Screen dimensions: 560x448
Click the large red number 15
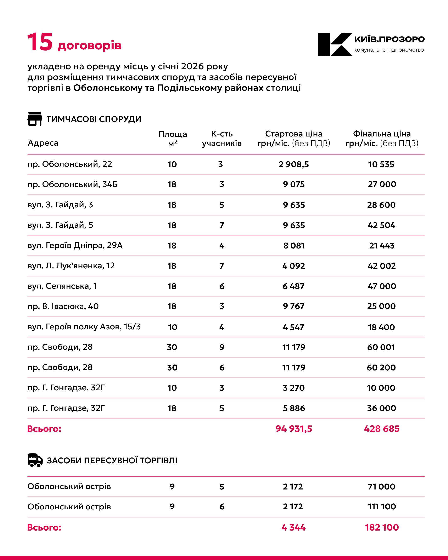click(40, 42)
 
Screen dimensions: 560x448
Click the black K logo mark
click(335, 44)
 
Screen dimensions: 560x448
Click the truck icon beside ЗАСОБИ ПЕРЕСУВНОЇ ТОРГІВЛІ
click(35, 460)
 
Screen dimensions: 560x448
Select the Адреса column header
click(43, 143)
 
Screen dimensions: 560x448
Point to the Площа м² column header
click(173, 138)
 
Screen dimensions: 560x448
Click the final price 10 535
click(381, 164)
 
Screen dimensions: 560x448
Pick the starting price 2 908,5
click(294, 164)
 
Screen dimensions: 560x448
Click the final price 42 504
click(381, 225)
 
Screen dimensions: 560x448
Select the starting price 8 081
click(294, 245)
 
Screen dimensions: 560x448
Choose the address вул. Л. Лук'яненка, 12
click(71, 266)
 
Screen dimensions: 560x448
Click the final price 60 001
click(381, 347)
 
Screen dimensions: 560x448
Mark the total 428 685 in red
click(381, 429)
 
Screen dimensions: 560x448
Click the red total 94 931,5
click(294, 429)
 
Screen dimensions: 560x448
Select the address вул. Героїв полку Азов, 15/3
click(84, 326)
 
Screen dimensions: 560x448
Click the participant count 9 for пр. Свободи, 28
click(222, 347)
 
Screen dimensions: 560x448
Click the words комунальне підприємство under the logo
click(389, 50)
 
